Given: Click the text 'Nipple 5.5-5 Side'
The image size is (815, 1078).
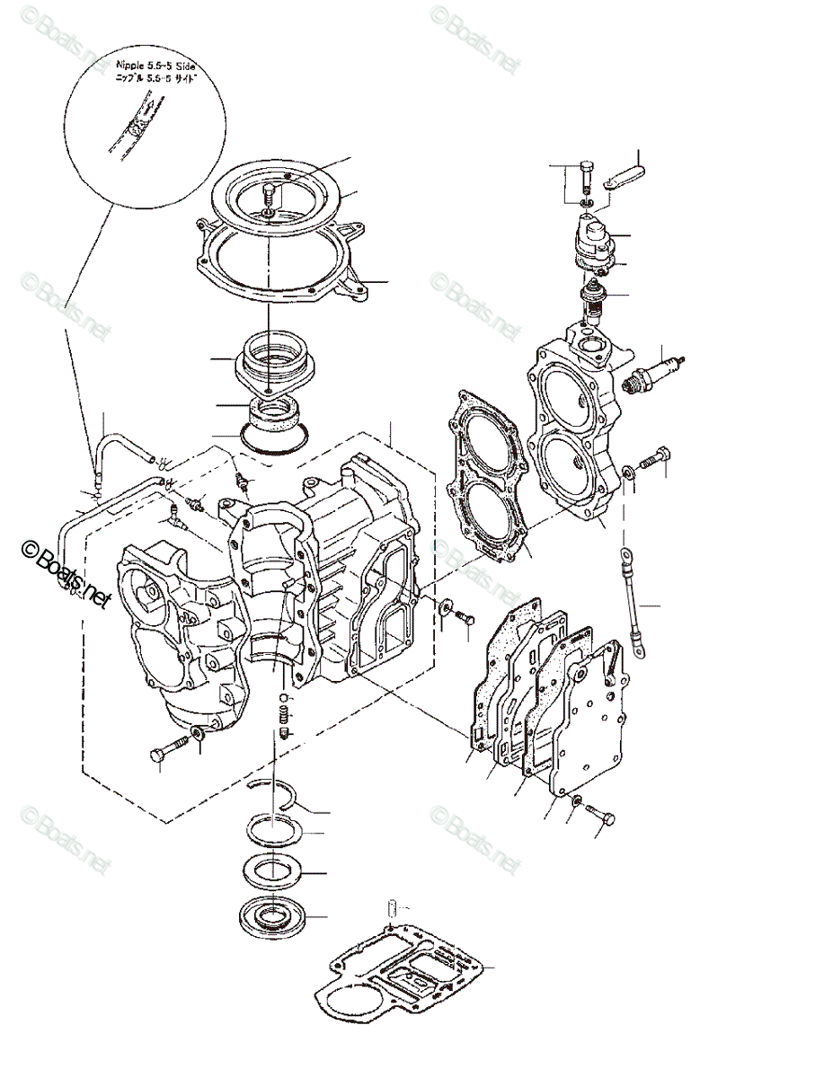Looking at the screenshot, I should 154,66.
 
